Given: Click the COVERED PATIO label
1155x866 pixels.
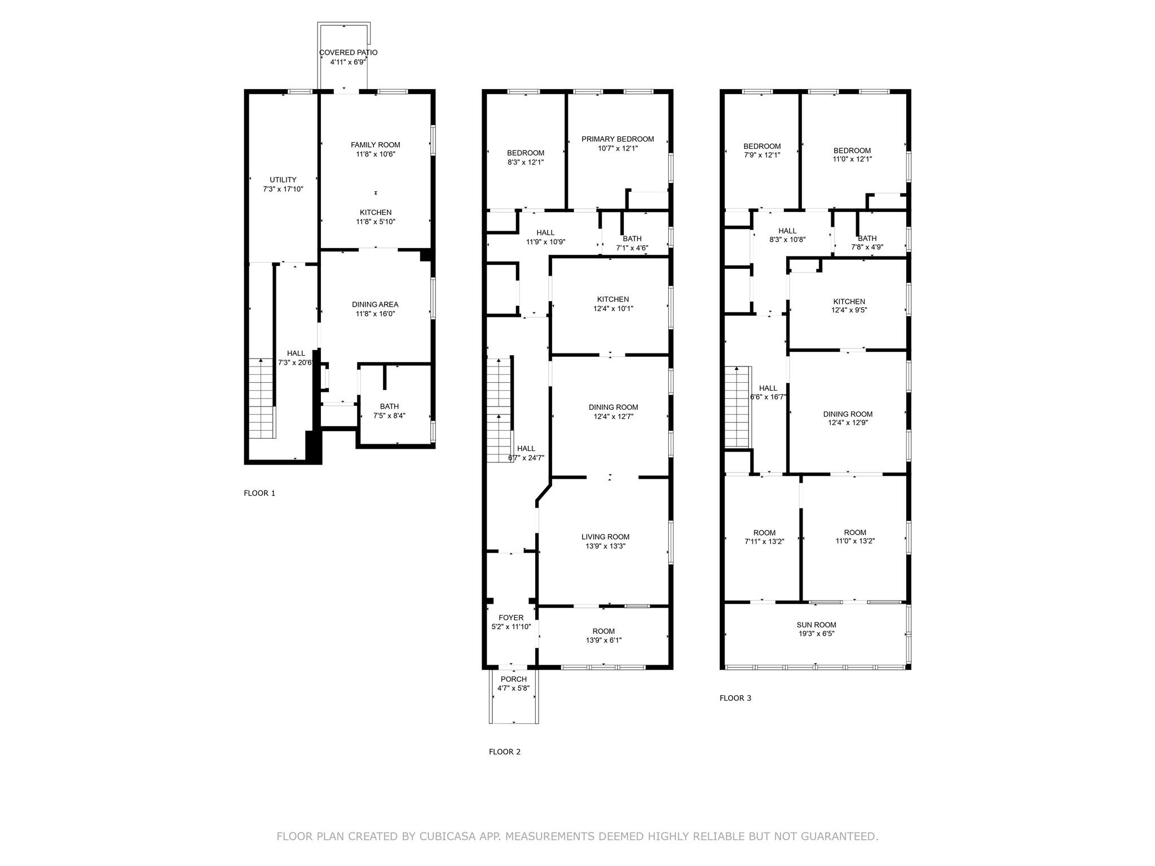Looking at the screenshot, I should pyautogui.click(x=348, y=52).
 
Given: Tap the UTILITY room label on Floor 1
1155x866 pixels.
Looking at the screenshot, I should pyautogui.click(x=283, y=180).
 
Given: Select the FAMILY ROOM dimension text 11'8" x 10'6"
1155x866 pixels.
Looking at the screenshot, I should pyautogui.click(x=375, y=154).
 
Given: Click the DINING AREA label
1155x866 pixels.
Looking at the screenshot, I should pyautogui.click(x=375, y=304).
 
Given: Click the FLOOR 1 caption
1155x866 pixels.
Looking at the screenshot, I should pyautogui.click(x=259, y=493).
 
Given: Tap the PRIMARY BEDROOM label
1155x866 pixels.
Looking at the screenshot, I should pyautogui.click(x=618, y=139).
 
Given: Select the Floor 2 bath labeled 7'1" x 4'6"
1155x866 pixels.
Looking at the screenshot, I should pyautogui.click(x=632, y=243).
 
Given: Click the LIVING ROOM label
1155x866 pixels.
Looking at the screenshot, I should pyautogui.click(x=605, y=537).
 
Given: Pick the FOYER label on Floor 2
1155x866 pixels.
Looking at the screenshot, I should pyautogui.click(x=511, y=618).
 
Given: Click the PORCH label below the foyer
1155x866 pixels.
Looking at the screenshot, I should pyautogui.click(x=513, y=679).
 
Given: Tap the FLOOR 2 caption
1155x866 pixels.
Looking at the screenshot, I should pyautogui.click(x=505, y=752).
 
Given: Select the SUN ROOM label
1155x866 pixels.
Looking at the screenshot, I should pyautogui.click(x=816, y=625).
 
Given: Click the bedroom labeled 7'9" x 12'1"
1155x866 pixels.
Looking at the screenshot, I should pyautogui.click(x=761, y=151).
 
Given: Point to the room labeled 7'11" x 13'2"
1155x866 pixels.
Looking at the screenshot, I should pyautogui.click(x=764, y=537).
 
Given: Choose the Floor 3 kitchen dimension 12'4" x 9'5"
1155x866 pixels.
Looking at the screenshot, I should pyautogui.click(x=849, y=310).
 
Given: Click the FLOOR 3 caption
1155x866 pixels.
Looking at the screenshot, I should pyautogui.click(x=735, y=698).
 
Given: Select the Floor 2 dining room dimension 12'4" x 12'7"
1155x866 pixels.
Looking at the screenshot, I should pyautogui.click(x=613, y=417).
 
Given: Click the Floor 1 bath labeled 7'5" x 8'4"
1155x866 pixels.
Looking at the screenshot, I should pyautogui.click(x=389, y=411).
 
